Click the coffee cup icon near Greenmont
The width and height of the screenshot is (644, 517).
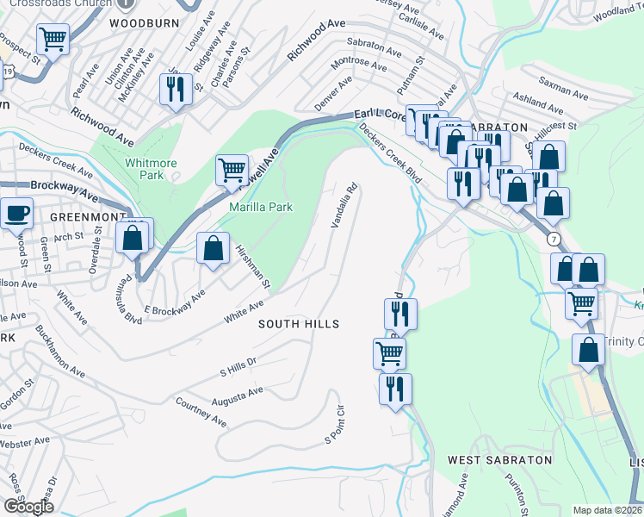pos(16,213)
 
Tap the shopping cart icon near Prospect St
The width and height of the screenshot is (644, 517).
pos(53,39)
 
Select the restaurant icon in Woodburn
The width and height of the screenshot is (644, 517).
pos(175,89)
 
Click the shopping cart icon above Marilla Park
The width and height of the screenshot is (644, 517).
pos(232,169)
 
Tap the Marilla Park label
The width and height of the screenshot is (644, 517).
pos(261,207)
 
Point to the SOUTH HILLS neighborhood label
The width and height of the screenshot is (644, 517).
pos(300,324)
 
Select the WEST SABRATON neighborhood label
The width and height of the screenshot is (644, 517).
pos(499,460)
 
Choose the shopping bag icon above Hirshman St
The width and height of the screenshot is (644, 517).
pos(213,249)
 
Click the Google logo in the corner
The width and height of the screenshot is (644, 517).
pos(28,507)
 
